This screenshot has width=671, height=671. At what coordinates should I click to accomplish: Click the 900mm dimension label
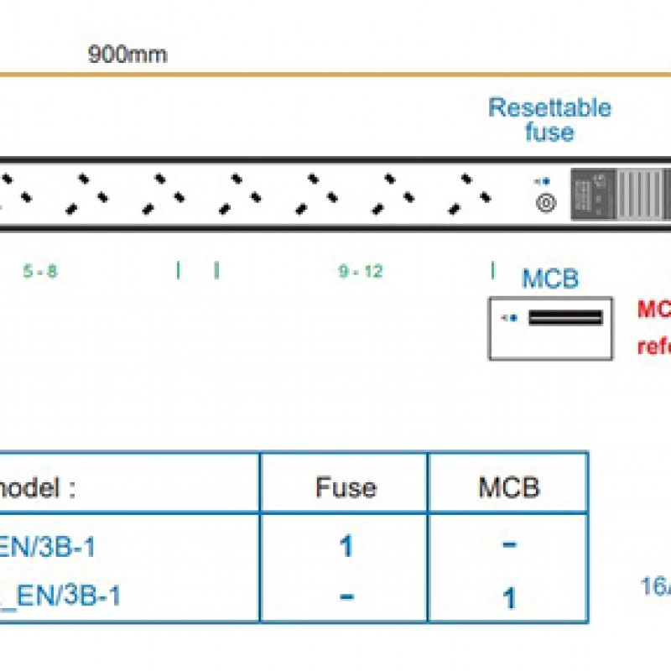(x=127, y=55)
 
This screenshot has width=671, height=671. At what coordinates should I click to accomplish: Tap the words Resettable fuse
(x=549, y=120)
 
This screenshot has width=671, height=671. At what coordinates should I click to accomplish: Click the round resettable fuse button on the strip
(x=546, y=203)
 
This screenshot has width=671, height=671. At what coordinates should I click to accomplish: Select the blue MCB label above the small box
(x=550, y=278)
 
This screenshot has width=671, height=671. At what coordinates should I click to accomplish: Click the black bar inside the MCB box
(x=565, y=317)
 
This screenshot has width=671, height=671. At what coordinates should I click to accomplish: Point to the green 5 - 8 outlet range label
(x=40, y=272)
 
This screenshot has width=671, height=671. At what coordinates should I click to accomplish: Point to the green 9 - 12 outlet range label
(x=361, y=272)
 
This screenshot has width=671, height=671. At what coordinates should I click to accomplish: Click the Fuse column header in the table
(x=346, y=487)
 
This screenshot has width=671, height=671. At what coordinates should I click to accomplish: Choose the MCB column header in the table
(x=509, y=487)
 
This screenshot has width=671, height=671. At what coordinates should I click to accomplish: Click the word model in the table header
(x=37, y=487)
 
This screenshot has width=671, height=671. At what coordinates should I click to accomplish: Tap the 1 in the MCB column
(x=509, y=598)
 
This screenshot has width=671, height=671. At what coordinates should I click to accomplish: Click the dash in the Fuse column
(x=346, y=596)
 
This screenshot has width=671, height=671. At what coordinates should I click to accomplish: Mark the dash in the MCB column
(x=509, y=546)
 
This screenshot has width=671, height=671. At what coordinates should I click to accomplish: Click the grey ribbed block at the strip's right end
(x=642, y=194)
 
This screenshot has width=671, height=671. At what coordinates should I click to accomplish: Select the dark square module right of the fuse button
(x=592, y=194)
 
